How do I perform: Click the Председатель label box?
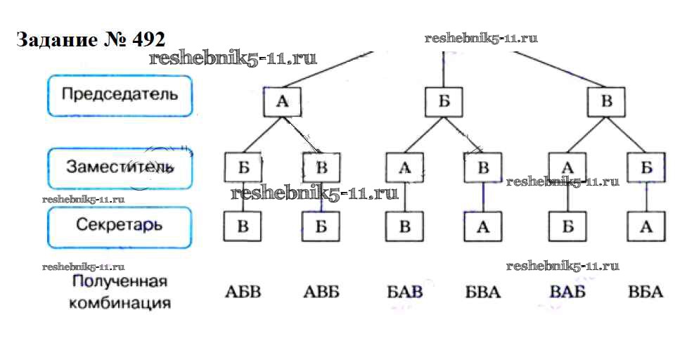120,95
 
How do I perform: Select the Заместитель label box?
120,167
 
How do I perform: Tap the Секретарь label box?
120,226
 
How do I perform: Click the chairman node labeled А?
282,103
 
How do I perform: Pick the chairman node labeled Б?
444,103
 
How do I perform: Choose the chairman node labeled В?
606,103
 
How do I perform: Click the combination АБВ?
243,290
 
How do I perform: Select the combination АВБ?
321,290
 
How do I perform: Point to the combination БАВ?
405,290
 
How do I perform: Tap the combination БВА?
483,290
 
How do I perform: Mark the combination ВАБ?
567,290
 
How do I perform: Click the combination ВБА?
645,290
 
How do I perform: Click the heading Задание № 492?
90,39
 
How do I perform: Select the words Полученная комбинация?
121,293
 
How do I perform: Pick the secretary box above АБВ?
243,226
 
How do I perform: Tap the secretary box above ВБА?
647,226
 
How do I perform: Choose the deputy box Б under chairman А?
243,167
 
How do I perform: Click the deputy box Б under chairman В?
647,167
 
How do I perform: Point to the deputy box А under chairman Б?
405,167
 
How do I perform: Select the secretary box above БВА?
482,226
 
